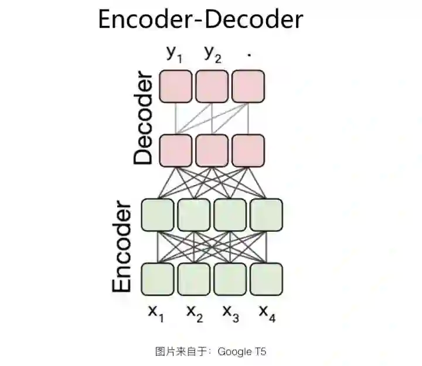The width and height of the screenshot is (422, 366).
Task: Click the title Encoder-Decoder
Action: tap(200, 19)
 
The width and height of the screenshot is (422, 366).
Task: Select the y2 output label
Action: tap(213, 54)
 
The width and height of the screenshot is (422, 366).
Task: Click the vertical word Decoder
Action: tap(142, 118)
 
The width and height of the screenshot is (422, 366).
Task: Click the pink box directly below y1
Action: tap(176, 86)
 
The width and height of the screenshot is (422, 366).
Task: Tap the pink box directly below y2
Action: tap(212, 86)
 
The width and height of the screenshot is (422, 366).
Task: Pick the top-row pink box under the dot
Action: tap(248, 86)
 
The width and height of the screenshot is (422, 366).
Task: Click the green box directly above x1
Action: tap(158, 279)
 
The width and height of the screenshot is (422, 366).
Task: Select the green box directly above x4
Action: tap(266, 279)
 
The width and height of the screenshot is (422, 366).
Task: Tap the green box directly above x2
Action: tap(194, 279)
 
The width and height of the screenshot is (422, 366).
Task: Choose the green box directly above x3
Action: tap(230, 279)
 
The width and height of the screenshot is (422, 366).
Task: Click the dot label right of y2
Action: tap(249, 54)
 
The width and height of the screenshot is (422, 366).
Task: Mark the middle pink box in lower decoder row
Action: tap(212, 150)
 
